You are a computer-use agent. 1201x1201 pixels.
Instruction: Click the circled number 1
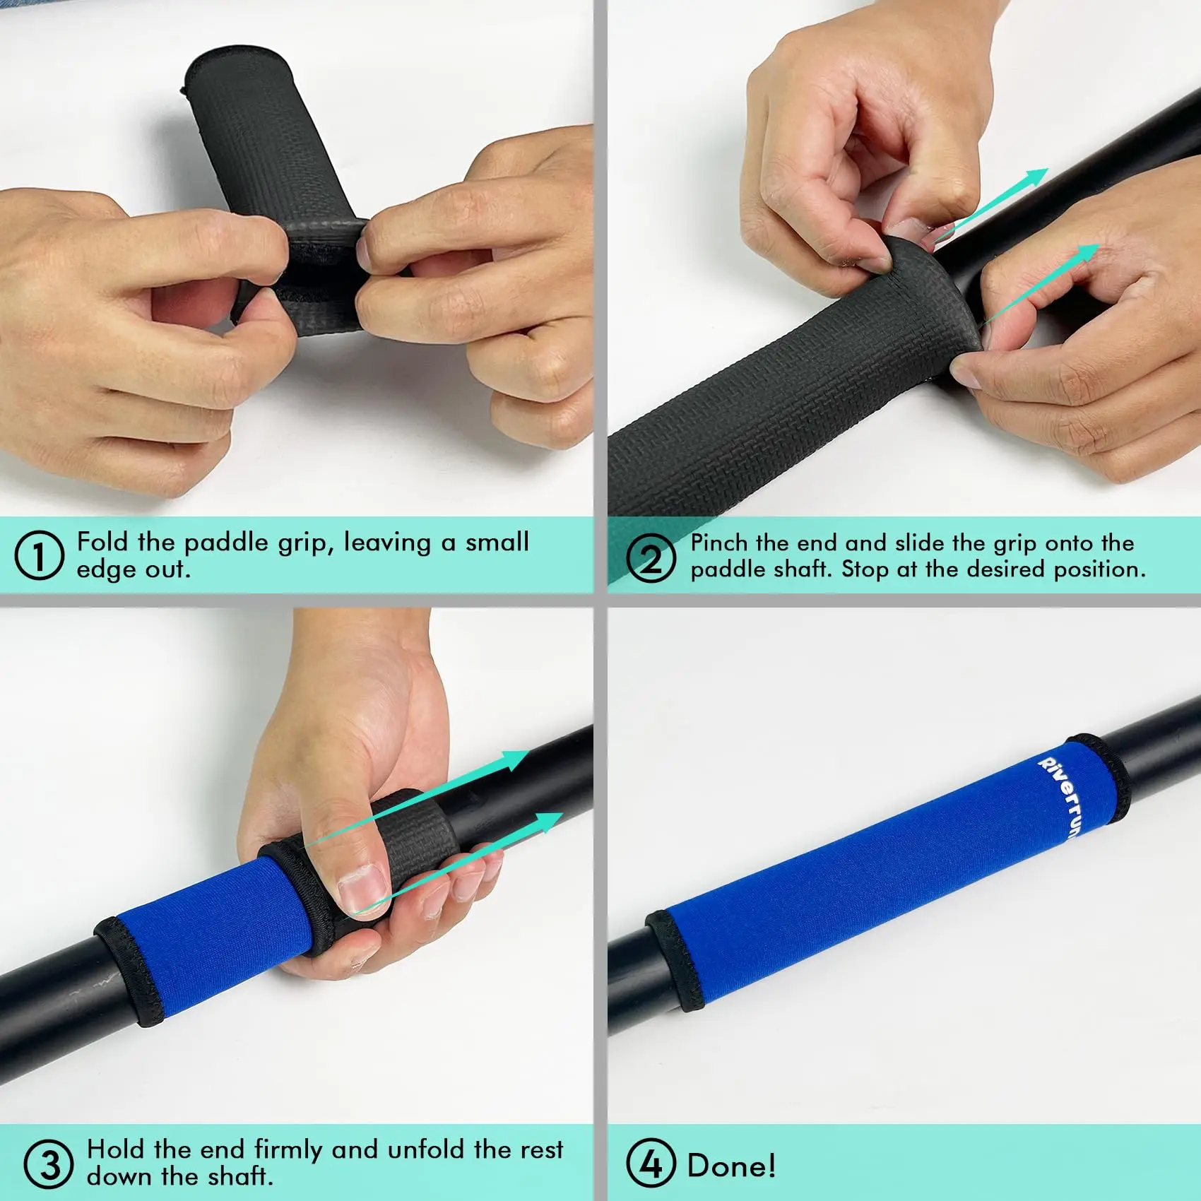[39, 556]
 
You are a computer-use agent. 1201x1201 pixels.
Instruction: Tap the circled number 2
[651, 557]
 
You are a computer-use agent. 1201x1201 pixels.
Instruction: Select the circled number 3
[48, 1164]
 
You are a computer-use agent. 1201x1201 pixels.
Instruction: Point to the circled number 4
[651, 1164]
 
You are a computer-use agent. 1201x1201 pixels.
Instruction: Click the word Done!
[731, 1165]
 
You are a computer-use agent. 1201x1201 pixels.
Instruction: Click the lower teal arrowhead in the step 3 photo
[545, 824]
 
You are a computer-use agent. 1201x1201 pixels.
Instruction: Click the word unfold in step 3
[427, 1149]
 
